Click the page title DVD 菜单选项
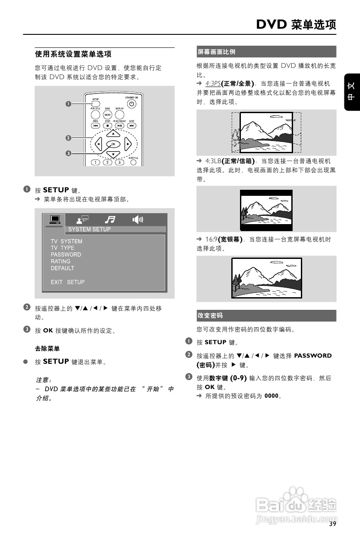click(296, 24)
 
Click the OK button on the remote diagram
click(113, 144)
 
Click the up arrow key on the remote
click(113, 133)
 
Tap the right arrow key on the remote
click(127, 144)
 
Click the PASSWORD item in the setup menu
click(66, 255)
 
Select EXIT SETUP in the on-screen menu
click(67, 282)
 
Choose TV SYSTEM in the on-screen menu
click(66, 241)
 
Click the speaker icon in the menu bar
click(137, 220)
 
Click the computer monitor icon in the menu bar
click(54, 220)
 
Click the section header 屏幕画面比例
click(216, 52)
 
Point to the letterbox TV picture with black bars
click(266, 210)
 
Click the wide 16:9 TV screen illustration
click(266, 278)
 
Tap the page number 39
click(333, 524)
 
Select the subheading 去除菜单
click(47, 349)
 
